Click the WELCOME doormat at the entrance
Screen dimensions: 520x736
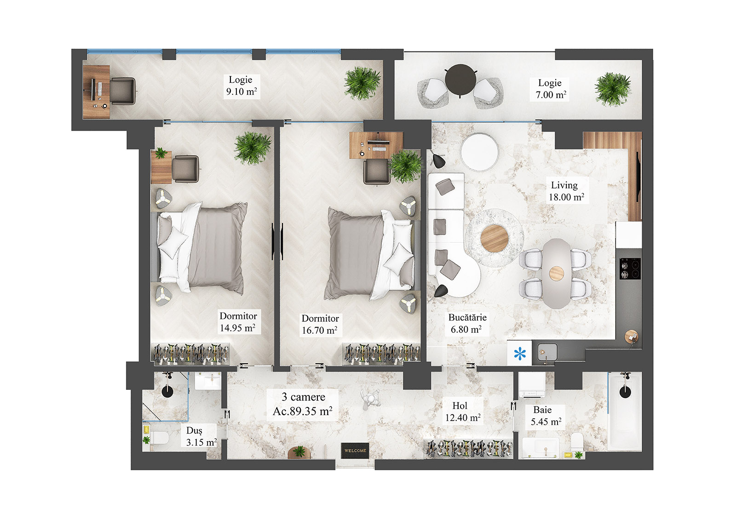(x=355, y=450)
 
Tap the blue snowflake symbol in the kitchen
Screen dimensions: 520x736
(x=520, y=354)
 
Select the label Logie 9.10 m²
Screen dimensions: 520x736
(x=241, y=86)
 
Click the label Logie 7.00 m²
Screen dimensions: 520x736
(x=550, y=89)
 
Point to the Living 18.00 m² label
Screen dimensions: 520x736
(x=566, y=191)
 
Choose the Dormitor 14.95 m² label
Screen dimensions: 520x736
(x=238, y=322)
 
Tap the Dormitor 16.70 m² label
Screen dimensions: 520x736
(x=320, y=324)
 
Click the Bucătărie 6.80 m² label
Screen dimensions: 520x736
(x=467, y=323)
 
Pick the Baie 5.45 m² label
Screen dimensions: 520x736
(x=545, y=416)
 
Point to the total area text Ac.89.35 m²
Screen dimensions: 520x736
(x=302, y=411)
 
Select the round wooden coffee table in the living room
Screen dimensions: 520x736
(x=494, y=238)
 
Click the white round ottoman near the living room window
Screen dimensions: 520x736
(x=480, y=151)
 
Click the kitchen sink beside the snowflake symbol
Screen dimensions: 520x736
(x=547, y=352)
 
